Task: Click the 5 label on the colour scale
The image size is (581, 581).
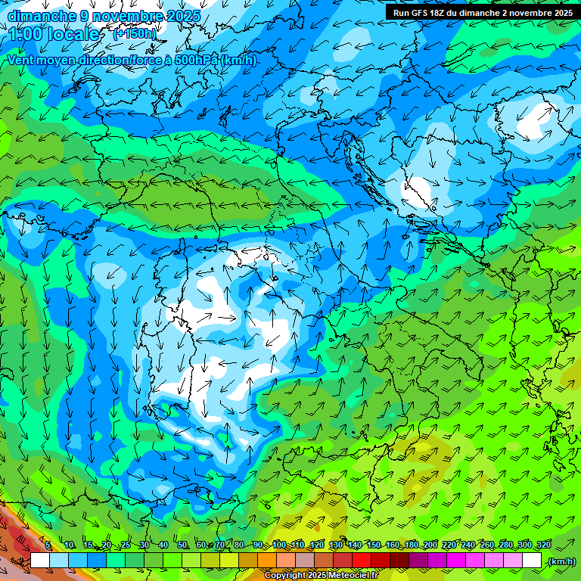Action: tap(48, 545)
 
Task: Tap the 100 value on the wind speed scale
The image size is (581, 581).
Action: tap(280, 545)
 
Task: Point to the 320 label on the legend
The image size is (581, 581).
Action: tap(542, 545)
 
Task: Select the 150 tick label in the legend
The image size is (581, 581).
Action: tap(374, 545)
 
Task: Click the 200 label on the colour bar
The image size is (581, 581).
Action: tap(430, 545)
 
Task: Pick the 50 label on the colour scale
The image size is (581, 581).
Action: tap(182, 545)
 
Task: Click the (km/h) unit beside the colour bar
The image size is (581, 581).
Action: tap(561, 561)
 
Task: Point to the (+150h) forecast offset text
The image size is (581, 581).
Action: tap(134, 34)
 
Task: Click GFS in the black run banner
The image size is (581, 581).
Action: tap(421, 13)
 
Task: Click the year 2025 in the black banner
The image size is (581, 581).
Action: tap(559, 13)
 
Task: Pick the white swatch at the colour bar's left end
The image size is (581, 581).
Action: tap(40, 561)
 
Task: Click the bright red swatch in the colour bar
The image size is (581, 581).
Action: tap(362, 561)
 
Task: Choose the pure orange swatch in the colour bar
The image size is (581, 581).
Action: tap(267, 561)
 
